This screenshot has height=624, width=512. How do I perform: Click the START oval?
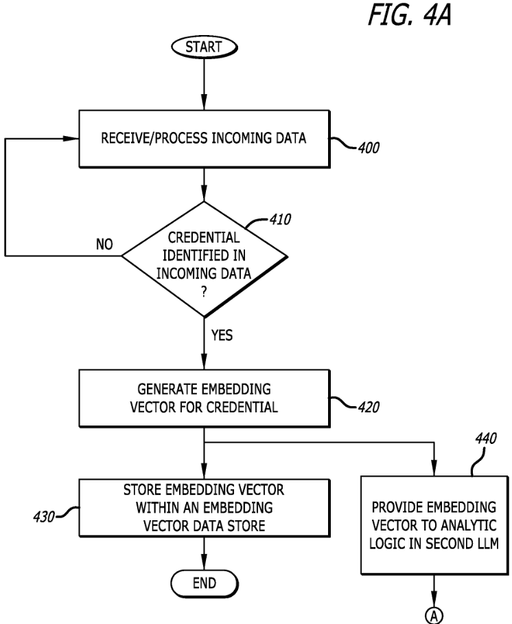click(x=205, y=47)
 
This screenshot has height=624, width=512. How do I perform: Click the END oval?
click(x=205, y=583)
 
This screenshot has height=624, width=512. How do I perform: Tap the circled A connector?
click(x=434, y=616)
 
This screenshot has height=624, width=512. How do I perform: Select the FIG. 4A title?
click(x=410, y=16)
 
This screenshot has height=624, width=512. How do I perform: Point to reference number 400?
click(x=369, y=148)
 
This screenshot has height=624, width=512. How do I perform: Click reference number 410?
click(x=280, y=219)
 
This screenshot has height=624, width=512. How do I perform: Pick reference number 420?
click(x=369, y=407)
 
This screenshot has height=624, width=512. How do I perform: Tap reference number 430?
click(x=44, y=517)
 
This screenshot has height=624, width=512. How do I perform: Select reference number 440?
click(x=486, y=438)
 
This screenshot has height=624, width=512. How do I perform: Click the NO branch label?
click(x=104, y=244)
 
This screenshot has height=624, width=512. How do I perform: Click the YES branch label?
click(x=222, y=335)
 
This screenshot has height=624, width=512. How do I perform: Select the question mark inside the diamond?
click(x=204, y=293)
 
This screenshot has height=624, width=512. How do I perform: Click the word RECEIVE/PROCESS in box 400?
click(x=154, y=138)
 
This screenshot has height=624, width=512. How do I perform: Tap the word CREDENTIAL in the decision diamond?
click(x=204, y=238)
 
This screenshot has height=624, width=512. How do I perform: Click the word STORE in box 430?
click(x=142, y=489)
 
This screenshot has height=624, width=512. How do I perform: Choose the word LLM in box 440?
click(x=487, y=543)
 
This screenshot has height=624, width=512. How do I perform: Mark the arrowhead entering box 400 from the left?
click(x=71, y=139)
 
